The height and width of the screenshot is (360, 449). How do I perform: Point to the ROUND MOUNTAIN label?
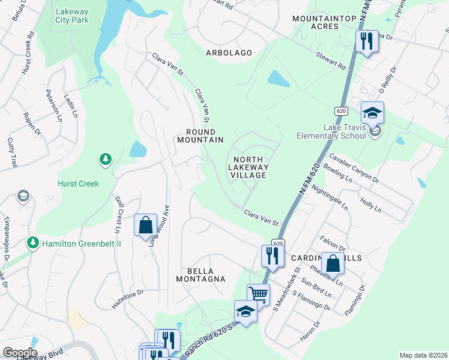click(x=200, y=136)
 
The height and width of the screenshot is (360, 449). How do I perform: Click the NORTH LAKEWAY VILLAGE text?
click(x=248, y=163)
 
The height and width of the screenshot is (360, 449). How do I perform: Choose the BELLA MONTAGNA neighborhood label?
click(x=200, y=274)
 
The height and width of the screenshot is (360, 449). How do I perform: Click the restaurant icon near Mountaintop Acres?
click(x=364, y=41)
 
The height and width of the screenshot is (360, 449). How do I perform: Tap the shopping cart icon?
click(x=258, y=294)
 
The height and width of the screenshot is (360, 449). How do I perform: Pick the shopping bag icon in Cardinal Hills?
click(x=332, y=263)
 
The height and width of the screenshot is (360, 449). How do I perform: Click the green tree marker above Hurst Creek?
click(x=106, y=159)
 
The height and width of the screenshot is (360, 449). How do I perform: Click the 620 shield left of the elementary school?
click(x=341, y=111)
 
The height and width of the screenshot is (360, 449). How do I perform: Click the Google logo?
click(x=20, y=353)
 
